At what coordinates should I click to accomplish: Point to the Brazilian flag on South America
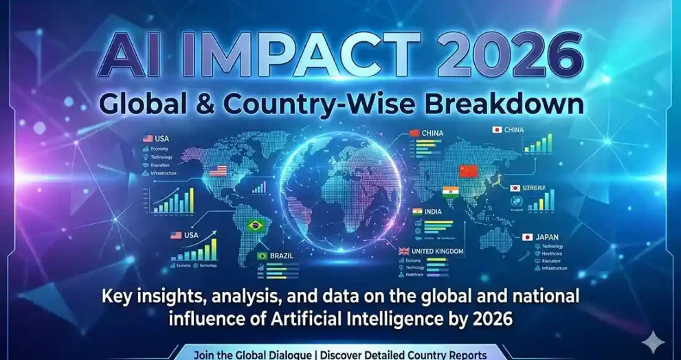tap(256, 225)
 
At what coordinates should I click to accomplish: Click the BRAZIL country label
tap(282, 256)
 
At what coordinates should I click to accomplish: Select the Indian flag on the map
tap(451, 192)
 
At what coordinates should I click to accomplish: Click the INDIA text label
tap(433, 212)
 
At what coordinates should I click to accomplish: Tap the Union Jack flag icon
tap(405, 251)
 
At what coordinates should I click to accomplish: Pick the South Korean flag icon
tap(515, 188)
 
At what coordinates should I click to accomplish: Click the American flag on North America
tap(218, 171)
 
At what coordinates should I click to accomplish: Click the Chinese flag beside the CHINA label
tap(414, 133)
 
